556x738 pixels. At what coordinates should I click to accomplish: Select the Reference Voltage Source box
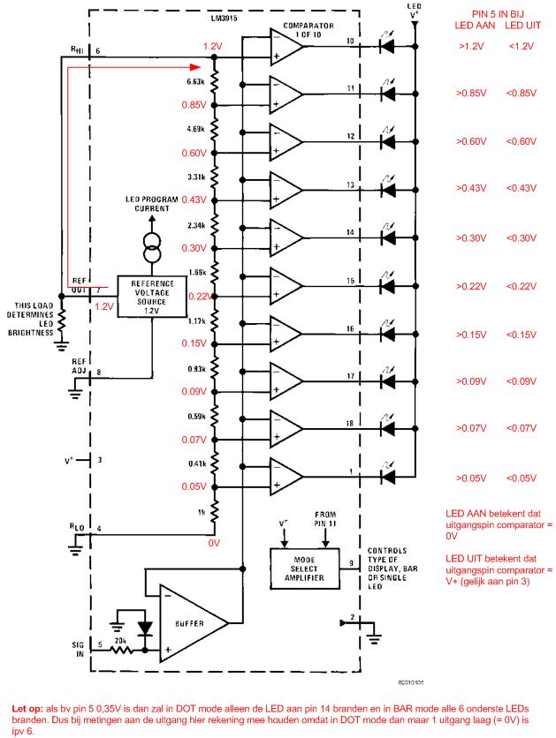(x=152, y=297)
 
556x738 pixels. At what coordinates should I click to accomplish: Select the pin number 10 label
(x=350, y=41)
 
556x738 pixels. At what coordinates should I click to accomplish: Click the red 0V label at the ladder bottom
(x=213, y=543)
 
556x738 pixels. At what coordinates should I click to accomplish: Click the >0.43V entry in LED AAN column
(x=468, y=188)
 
